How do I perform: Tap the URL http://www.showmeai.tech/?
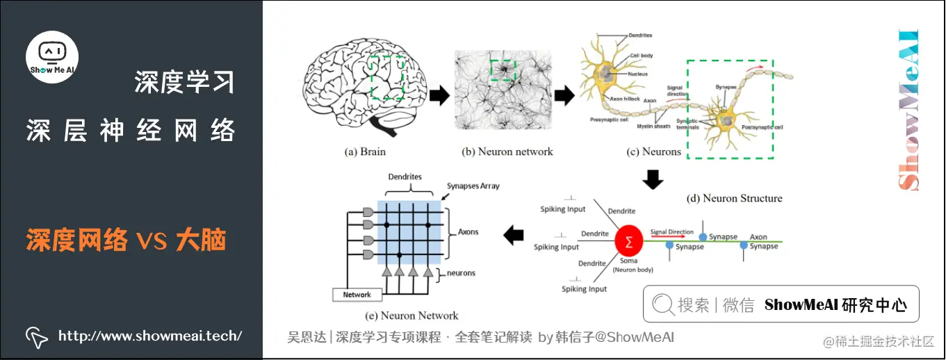pos(149,336)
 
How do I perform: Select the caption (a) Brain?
pos(365,152)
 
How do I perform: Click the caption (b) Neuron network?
pos(507,152)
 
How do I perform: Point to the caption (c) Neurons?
pos(653,152)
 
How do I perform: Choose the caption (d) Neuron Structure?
pos(734,198)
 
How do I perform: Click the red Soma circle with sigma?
pos(628,242)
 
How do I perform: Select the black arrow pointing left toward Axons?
pos(513,236)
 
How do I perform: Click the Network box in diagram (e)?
pos(357,295)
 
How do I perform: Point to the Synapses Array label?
pos(472,186)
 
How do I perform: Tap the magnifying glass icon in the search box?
pos(662,304)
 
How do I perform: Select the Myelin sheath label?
pos(656,126)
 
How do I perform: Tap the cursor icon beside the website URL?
pos(37,336)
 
